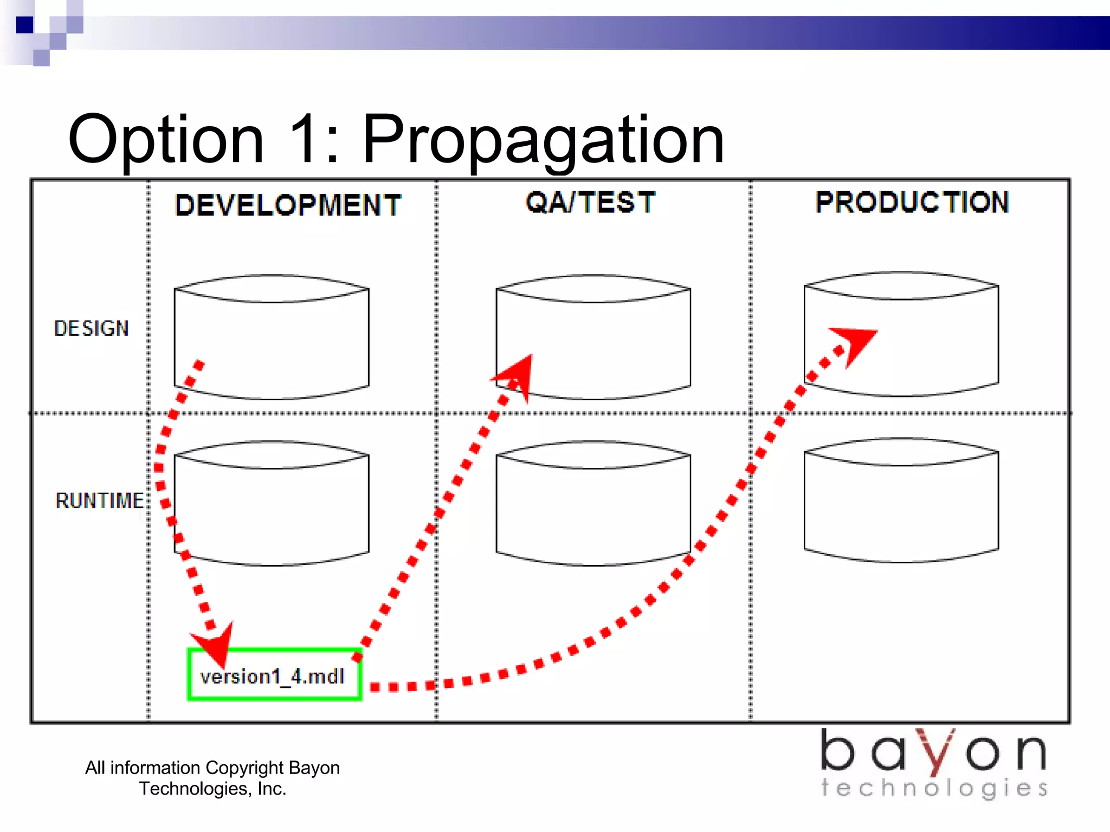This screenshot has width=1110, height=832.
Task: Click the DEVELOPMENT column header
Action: [288, 205]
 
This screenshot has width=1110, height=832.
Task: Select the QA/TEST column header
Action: [590, 203]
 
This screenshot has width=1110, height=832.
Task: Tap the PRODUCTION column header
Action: [912, 203]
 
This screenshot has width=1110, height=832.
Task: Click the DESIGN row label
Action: [92, 328]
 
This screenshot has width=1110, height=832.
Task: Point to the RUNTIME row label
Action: [100, 500]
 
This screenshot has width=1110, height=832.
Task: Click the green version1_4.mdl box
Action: [274, 675]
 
